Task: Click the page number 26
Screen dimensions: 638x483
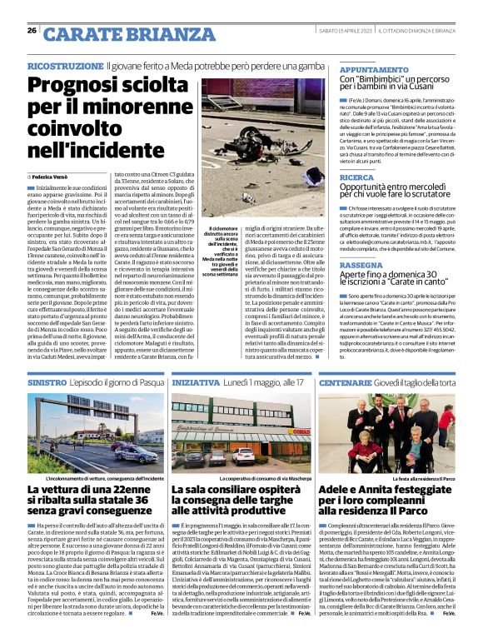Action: pyautogui.click(x=32, y=30)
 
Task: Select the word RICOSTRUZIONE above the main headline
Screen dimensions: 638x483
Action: pyautogui.click(x=65, y=65)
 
